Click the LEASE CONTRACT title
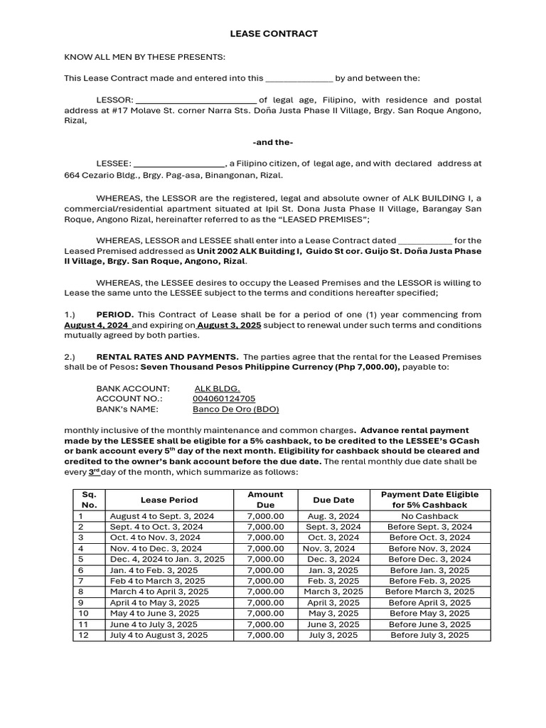(274, 33)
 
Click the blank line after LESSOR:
(196, 100)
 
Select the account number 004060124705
(224, 399)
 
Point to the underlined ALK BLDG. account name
(217, 389)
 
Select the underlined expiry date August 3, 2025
(229, 325)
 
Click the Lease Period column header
(169, 500)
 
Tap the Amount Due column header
(265, 499)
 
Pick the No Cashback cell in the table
(429, 516)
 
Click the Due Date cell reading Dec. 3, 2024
(333, 560)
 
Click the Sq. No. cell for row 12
(84, 635)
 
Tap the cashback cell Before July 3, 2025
(429, 635)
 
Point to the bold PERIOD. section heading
(115, 314)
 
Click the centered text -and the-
(273, 142)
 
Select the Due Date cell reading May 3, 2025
(333, 613)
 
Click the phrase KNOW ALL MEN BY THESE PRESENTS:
(144, 57)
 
